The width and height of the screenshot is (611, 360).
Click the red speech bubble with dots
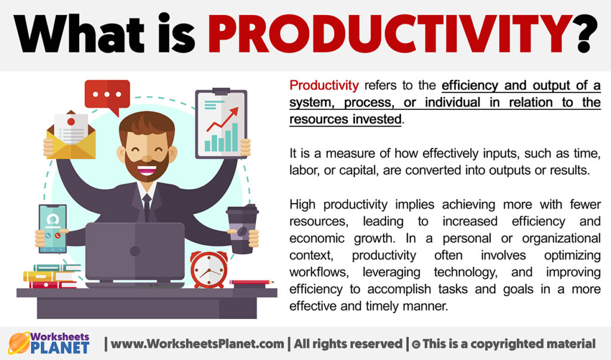pyautogui.click(x=107, y=95)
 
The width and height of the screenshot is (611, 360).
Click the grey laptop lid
pyautogui.click(x=134, y=251)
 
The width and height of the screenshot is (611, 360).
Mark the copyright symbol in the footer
pyautogui.click(x=413, y=344)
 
